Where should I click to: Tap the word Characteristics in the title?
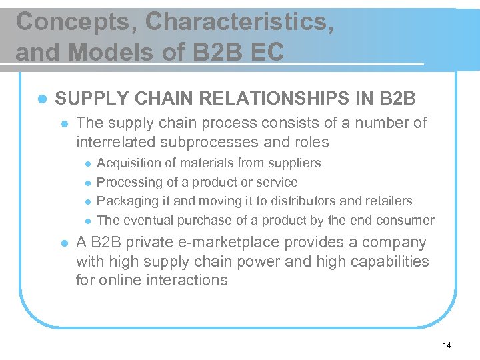click(239, 22)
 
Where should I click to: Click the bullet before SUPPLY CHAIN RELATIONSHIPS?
click(42, 99)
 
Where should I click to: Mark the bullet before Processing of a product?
click(86, 183)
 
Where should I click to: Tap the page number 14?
click(446, 345)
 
